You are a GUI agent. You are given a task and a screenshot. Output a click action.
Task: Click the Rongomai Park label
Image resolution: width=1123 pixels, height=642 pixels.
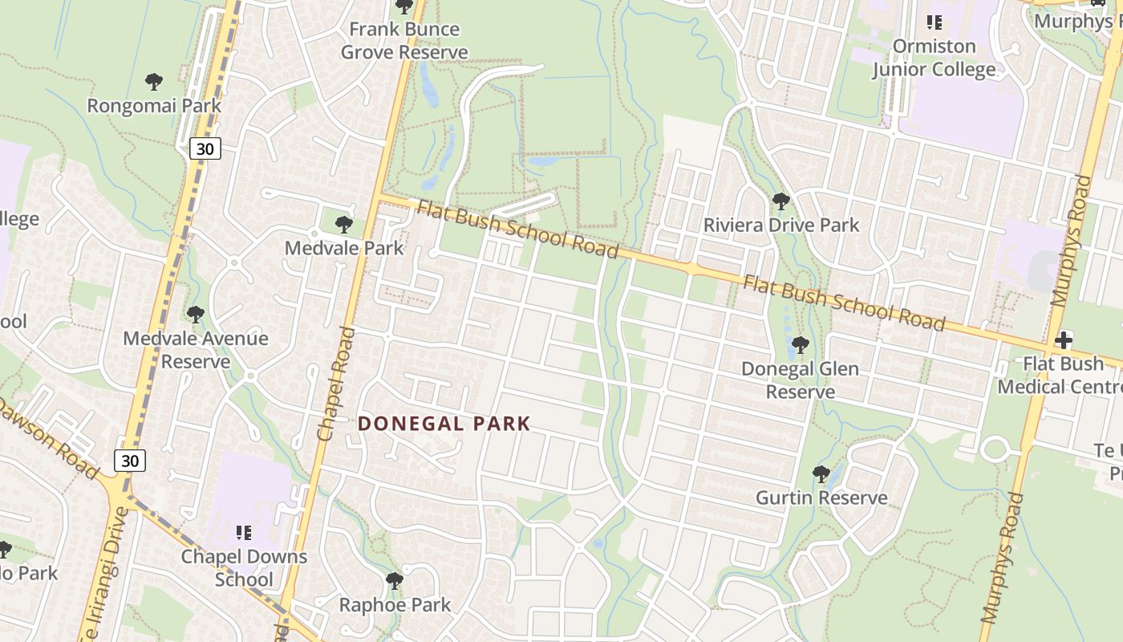(x=154, y=105)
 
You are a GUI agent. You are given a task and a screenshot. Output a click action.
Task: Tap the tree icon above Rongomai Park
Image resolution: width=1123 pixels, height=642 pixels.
(x=154, y=81)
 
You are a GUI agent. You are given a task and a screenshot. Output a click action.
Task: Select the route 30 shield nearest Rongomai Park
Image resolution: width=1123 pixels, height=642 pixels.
(x=205, y=148)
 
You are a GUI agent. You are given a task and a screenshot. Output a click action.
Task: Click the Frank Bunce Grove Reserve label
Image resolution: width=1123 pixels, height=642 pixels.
(x=404, y=41)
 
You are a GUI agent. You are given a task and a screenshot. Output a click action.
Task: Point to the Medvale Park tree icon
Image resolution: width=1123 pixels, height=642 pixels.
(x=344, y=224)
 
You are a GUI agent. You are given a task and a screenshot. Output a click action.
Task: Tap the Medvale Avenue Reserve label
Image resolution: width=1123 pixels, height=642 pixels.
(x=196, y=350)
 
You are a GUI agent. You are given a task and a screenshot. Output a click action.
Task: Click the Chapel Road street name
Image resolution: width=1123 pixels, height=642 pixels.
(x=336, y=384)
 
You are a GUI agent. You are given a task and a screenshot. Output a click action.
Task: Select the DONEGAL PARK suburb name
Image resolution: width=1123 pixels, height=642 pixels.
(x=444, y=424)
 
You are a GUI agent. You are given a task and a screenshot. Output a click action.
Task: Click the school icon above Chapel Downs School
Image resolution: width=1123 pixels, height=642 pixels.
(x=244, y=532)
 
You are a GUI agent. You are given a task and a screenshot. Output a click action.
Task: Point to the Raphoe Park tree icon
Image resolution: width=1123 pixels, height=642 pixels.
(x=394, y=580)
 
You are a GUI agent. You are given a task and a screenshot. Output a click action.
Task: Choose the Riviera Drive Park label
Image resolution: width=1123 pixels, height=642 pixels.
(x=781, y=226)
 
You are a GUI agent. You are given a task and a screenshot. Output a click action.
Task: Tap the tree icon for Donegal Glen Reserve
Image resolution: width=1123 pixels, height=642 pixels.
(x=799, y=345)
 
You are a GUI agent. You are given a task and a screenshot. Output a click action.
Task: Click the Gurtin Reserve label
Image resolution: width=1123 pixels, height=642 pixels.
(x=821, y=498)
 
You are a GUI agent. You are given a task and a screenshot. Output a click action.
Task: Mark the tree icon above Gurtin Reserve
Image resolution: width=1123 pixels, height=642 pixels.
(x=821, y=473)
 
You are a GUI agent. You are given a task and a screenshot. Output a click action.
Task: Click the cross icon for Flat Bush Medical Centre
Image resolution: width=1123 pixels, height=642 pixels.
(x=1064, y=340)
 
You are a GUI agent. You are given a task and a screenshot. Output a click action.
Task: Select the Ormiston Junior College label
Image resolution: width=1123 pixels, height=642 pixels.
(x=934, y=58)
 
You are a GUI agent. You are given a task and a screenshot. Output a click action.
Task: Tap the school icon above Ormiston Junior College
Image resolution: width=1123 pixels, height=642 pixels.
(x=934, y=22)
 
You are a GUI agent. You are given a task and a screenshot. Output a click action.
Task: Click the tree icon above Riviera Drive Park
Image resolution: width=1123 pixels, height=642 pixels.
(x=780, y=201)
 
